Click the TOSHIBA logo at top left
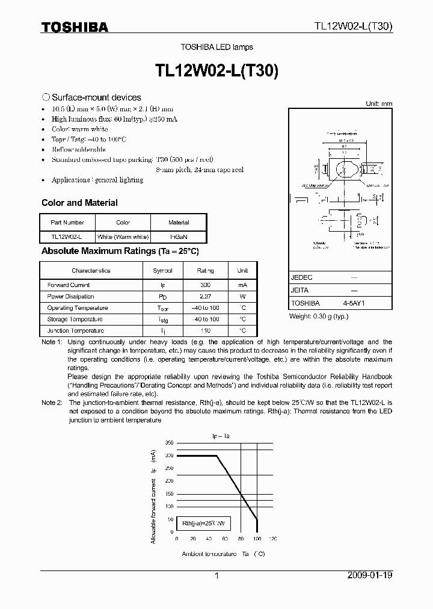[x=75, y=26]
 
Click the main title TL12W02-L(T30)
[x=216, y=69]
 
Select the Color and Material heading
[x=79, y=203]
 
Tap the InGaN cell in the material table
[x=179, y=237]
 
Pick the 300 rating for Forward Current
[x=205, y=285]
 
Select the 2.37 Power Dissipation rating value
[x=205, y=296]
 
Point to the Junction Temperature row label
[x=75, y=330]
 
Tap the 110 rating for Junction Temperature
[x=205, y=330]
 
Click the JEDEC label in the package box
[x=301, y=277]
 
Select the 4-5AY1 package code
[x=354, y=304]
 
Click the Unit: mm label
[x=379, y=104]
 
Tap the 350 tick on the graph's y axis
[x=168, y=442]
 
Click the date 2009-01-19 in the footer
[x=370, y=575]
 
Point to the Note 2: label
[x=51, y=402]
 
